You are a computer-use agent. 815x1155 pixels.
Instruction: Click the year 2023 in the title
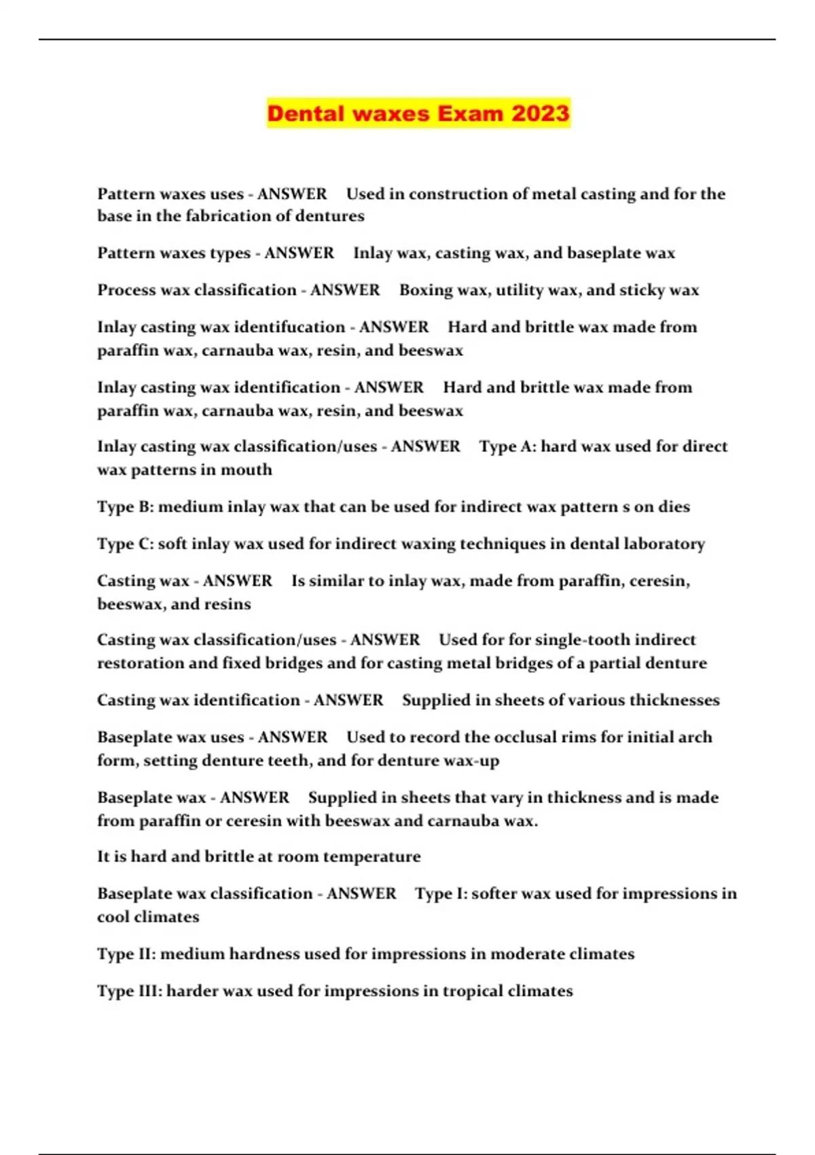(540, 113)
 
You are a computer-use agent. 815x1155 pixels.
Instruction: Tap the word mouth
(248, 469)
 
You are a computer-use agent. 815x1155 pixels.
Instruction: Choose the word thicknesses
(674, 700)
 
